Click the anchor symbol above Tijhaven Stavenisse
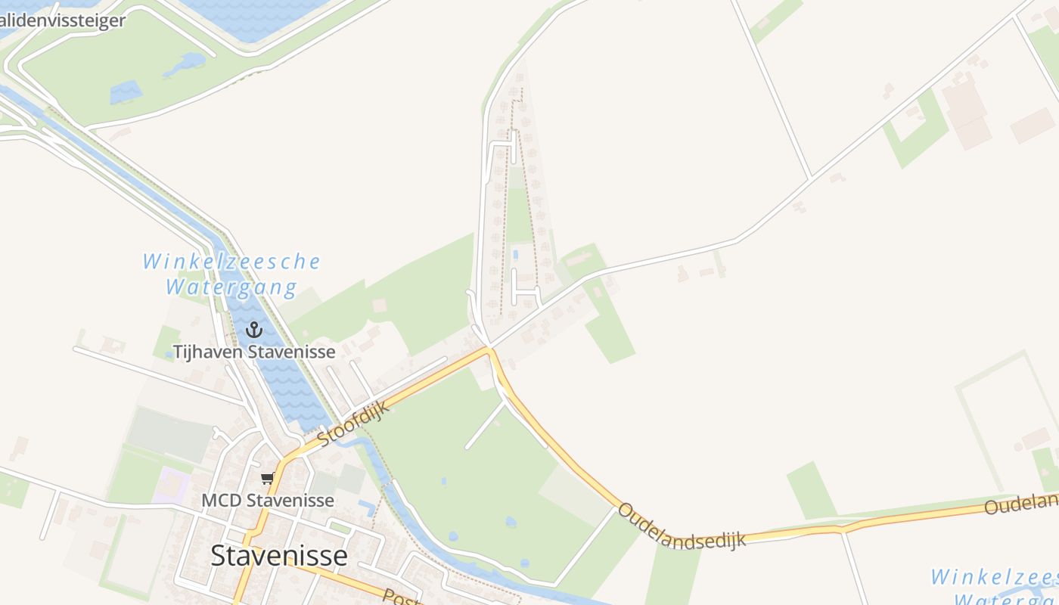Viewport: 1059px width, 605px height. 253,330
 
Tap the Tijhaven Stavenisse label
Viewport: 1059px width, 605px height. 254,352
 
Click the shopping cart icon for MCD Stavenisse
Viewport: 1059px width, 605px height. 266,478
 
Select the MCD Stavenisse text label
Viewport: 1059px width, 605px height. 267,501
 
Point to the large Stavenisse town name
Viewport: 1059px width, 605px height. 279,556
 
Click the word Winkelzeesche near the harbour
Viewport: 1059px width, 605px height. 231,262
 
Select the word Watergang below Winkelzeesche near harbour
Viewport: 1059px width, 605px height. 231,287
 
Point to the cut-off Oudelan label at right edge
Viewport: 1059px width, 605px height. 1021,504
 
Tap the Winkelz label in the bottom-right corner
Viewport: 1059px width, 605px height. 994,578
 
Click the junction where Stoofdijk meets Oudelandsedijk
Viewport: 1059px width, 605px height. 490,349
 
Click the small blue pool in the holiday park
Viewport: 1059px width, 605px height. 516,254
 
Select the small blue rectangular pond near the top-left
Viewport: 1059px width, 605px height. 126,92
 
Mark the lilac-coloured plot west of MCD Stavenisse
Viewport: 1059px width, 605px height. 171,486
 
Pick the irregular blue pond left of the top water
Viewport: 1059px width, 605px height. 184,64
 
